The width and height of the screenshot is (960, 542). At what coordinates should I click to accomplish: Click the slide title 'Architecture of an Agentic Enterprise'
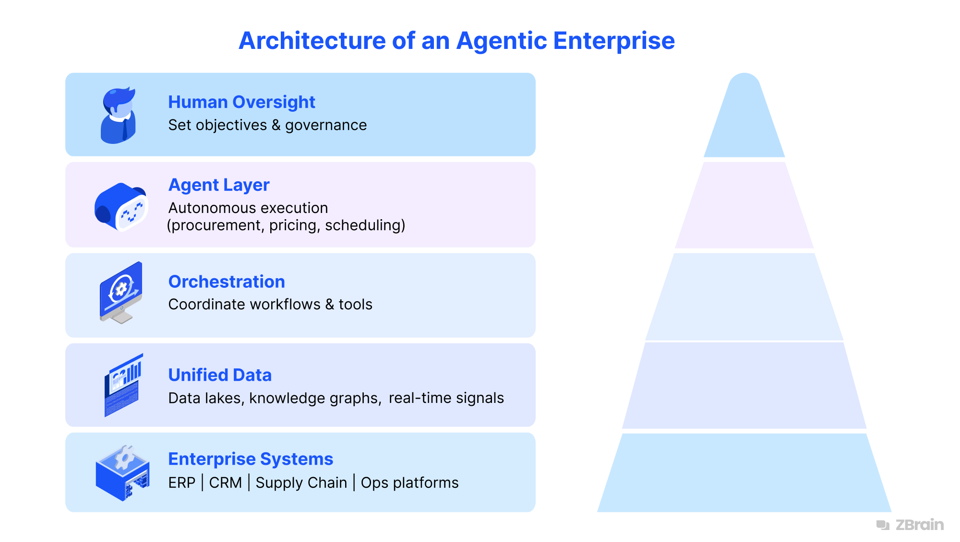456,41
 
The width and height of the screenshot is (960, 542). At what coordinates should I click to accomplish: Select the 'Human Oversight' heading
241,102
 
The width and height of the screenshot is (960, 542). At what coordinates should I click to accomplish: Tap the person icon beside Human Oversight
119,115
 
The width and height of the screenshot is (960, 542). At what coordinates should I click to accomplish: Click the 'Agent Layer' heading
219,185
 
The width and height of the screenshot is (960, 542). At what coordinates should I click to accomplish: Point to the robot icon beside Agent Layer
121,207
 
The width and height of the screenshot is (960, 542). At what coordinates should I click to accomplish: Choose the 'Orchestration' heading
227,282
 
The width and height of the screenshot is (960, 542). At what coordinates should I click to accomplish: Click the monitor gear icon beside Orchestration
121,292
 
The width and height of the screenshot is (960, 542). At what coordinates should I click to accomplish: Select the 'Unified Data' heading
220,375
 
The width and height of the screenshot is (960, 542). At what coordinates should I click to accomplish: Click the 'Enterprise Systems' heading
251,459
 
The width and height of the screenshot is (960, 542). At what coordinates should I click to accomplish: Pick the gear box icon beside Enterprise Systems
123,473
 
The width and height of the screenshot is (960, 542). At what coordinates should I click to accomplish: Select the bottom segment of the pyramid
744,473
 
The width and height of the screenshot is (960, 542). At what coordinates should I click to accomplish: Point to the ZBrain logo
910,525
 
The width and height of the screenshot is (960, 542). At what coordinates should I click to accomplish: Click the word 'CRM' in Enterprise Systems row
225,483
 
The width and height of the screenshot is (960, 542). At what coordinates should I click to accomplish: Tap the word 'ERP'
182,483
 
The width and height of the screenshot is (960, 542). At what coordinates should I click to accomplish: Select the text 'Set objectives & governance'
267,125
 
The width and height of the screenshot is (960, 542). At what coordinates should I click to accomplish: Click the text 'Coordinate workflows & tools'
270,305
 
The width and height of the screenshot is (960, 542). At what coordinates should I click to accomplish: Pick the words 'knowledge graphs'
315,398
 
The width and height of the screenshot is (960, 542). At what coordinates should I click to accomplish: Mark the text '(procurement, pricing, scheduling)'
286,225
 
